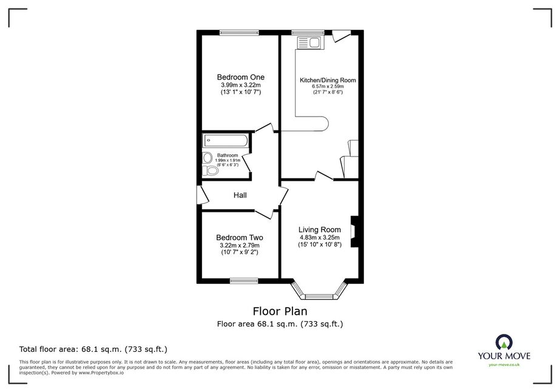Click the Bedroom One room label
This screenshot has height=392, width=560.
pos(241,77)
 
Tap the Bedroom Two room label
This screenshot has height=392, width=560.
pos(240,238)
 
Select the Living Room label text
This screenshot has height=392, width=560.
pos(320,230)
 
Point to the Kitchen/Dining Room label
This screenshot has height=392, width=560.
pos(328,80)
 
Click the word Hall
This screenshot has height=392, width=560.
pos(240,195)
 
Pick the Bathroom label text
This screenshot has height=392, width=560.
pos(228,155)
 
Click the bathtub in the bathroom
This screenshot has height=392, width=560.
pos(225,140)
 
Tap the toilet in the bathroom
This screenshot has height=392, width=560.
pos(211,171)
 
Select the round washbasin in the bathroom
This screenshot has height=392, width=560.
pos(207,158)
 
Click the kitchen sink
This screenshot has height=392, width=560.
pos(309,42)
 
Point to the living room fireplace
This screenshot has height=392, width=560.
pos(354,232)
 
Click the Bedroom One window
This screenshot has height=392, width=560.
pos(239,33)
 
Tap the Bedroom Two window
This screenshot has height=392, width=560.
pos(244,281)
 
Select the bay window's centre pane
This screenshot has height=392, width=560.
pos(319,297)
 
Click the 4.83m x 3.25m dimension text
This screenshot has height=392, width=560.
pos(320,238)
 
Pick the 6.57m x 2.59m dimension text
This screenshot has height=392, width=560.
pos(328,87)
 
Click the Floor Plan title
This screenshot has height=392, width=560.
pos(280,311)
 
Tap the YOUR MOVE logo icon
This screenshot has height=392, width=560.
pos(504,342)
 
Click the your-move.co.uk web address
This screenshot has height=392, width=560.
pos(504,365)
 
